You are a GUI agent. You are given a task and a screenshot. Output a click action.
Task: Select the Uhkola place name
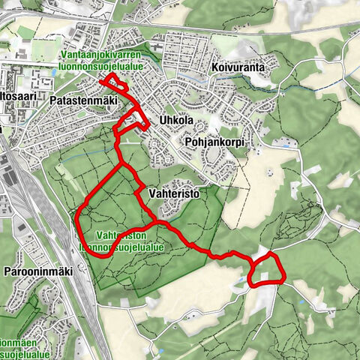pyautogui.click(x=177, y=120)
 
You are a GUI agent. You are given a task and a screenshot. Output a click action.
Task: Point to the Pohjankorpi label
pyautogui.click(x=218, y=141)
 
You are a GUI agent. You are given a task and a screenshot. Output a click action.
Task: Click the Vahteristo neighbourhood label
pyautogui.click(x=178, y=193)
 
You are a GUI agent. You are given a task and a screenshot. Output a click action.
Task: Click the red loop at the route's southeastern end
pyautogui.click(x=266, y=270)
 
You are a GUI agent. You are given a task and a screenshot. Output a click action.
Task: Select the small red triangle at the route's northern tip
pyautogui.click(x=112, y=80)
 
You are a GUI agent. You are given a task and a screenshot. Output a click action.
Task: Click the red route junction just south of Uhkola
pyautogui.click(x=121, y=162)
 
